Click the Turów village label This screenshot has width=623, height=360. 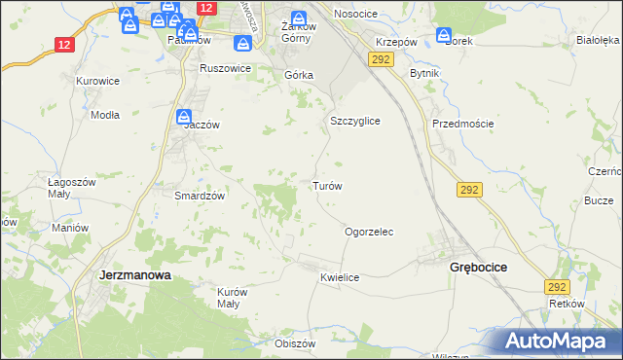(x=325, y=185)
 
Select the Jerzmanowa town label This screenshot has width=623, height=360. (x=135, y=275)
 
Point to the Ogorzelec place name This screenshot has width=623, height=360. (x=369, y=233)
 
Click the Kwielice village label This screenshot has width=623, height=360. (x=340, y=278)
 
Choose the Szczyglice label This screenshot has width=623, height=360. (x=354, y=121)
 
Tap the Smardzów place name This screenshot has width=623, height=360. (x=200, y=195)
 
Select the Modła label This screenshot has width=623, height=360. (x=104, y=114)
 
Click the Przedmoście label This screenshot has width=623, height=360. (x=463, y=124)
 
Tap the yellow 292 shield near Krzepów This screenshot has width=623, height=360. (x=381, y=60)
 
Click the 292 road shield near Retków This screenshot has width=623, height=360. (x=557, y=287)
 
